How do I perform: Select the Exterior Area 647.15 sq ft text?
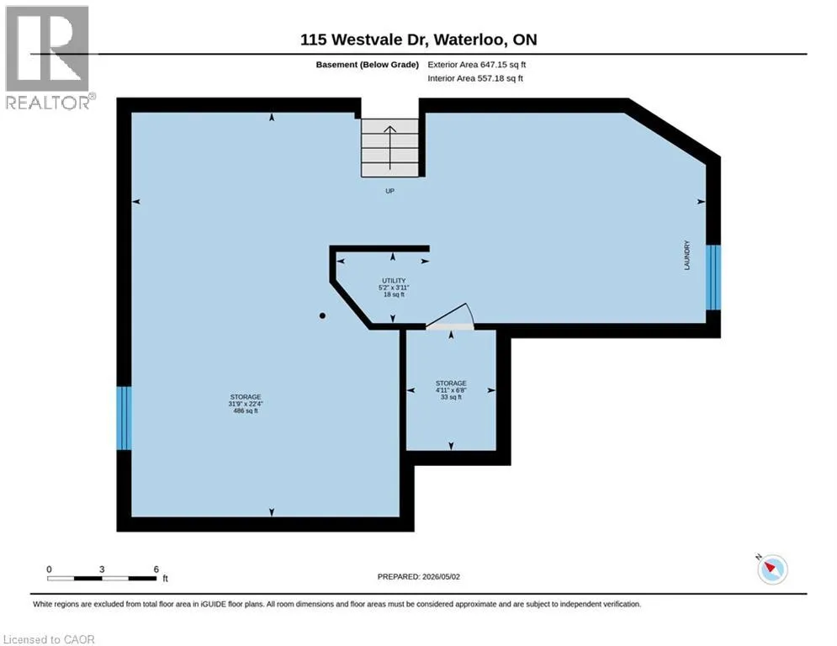coord(477,65)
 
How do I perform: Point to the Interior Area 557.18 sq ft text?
coord(475,78)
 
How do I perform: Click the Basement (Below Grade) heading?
coord(368,65)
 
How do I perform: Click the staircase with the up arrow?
coord(389,147)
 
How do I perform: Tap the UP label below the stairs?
coord(389,191)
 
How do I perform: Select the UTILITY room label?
coord(394,281)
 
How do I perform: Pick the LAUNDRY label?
coord(687,255)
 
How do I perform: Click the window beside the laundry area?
coord(713,278)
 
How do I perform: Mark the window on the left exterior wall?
coord(124,418)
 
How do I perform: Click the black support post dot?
coord(322,315)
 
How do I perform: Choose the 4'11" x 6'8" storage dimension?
coord(451,390)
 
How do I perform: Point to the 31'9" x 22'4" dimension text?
coord(246,404)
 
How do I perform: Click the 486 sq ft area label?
coord(246,411)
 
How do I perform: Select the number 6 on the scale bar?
coord(156,569)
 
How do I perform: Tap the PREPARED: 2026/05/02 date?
coord(419,576)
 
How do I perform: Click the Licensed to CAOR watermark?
coord(49,639)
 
